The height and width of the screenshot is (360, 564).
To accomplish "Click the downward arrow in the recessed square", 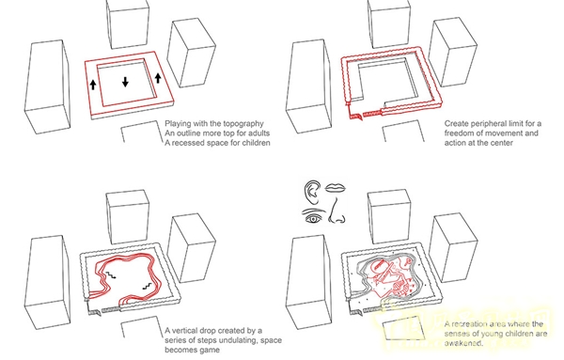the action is (125, 82).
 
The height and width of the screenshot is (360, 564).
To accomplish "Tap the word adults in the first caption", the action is (258, 133).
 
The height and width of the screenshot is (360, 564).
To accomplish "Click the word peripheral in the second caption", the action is (487, 124).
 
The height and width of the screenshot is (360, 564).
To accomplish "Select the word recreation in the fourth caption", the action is (468, 324).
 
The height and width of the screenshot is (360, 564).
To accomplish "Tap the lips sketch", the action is (336, 188).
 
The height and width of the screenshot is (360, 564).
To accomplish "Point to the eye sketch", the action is (313, 218).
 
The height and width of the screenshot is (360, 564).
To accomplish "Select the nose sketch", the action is (337, 211).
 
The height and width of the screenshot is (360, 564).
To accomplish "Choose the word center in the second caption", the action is (501, 143).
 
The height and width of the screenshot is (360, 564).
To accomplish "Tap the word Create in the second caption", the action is (455, 124).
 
